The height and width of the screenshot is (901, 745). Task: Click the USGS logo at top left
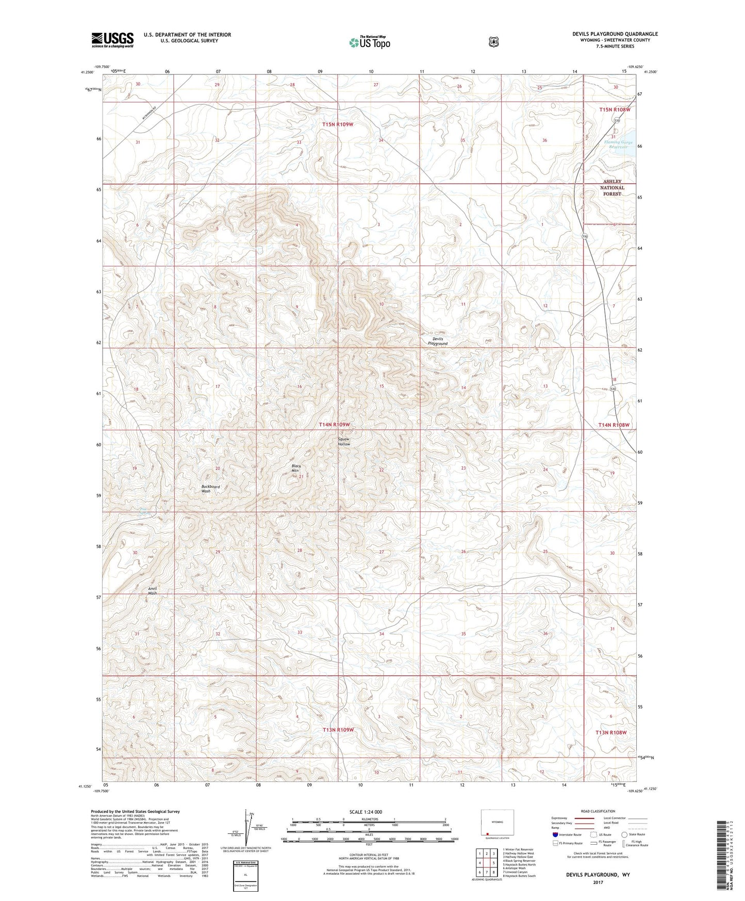(x=112, y=40)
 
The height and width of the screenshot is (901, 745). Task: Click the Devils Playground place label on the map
(x=437, y=341)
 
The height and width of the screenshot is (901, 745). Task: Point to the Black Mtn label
(x=296, y=468)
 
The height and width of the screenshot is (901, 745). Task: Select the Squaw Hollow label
(x=344, y=441)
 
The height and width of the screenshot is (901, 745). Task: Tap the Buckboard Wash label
(x=210, y=489)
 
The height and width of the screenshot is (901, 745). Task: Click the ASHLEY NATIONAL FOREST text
(x=612, y=187)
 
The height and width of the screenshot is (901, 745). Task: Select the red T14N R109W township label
(x=334, y=424)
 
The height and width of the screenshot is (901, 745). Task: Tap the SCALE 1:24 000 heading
(x=366, y=812)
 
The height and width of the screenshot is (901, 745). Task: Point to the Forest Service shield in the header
(x=494, y=41)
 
